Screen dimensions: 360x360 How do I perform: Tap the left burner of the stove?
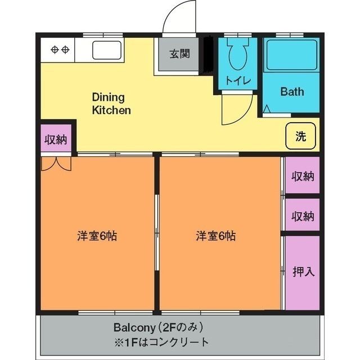[55, 49]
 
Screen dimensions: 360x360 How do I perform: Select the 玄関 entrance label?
[179, 54]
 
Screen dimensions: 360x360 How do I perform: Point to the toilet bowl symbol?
[238, 55]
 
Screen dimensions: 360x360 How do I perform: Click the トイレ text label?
[238, 80]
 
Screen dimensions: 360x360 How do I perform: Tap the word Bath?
[292, 91]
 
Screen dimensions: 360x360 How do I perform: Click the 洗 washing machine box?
[300, 136]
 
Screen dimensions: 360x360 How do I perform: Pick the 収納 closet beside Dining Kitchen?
[56, 139]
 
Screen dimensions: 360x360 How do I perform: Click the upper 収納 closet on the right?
[303, 177]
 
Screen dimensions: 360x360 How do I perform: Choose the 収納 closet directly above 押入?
[303, 216]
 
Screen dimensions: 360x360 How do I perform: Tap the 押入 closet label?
[303, 272]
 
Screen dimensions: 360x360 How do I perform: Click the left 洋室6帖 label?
[97, 236]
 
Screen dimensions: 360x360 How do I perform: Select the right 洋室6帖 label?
[215, 236]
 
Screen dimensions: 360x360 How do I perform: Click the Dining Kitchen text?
[111, 103]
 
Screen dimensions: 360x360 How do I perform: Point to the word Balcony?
[133, 327]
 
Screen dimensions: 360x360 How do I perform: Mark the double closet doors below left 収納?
[56, 163]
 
